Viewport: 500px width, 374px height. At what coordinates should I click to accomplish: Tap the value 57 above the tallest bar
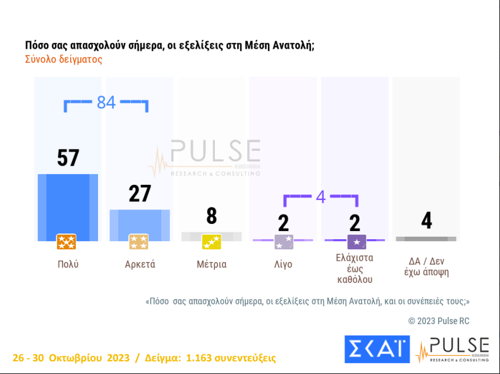(68, 158)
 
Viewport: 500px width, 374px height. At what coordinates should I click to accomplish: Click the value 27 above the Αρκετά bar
(140, 194)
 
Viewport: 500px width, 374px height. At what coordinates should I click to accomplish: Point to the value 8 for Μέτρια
(212, 216)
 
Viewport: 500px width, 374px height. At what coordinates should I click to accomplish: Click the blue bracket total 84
(106, 102)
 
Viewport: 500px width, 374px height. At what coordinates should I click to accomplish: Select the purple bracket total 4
(320, 197)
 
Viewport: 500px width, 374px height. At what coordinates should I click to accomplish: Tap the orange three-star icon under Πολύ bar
(66, 242)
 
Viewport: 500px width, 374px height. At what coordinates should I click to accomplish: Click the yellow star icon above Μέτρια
(211, 242)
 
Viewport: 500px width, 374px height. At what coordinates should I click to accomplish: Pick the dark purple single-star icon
(357, 242)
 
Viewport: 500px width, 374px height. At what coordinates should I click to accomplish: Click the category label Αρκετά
(140, 265)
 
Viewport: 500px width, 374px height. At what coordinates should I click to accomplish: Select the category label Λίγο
(283, 265)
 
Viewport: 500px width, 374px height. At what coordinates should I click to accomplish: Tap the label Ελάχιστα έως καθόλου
(355, 268)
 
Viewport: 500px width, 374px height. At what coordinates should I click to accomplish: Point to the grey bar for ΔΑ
(426, 239)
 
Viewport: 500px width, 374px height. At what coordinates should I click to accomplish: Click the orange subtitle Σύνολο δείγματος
(63, 59)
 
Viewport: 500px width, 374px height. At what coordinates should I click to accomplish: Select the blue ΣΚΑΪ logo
(377, 349)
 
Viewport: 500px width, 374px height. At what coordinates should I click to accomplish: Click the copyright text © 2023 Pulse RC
(439, 321)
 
